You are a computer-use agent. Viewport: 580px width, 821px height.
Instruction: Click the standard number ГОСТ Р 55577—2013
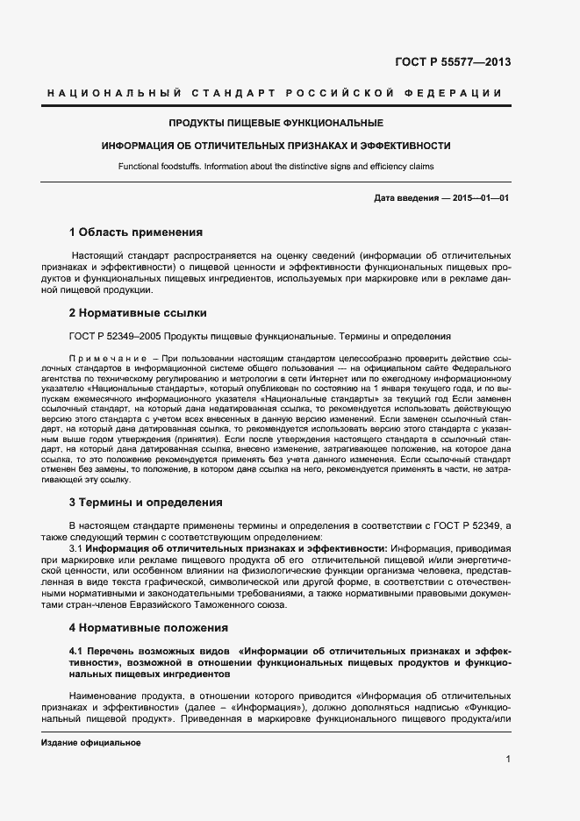pyautogui.click(x=454, y=62)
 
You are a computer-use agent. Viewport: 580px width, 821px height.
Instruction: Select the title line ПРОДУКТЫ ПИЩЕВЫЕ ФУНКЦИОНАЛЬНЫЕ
pyautogui.click(x=276, y=123)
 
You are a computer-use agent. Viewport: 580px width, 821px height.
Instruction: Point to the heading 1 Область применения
pyautogui.click(x=136, y=232)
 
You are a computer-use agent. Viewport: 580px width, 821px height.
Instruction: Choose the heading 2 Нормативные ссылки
pyautogui.click(x=138, y=312)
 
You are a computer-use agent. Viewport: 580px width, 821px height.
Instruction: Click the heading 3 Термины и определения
pyautogui.click(x=146, y=503)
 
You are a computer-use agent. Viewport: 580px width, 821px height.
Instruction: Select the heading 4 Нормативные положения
pyautogui.click(x=148, y=627)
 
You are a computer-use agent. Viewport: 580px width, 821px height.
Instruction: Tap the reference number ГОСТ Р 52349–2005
pyautogui.click(x=112, y=336)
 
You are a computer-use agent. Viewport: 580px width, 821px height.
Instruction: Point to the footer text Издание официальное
pyautogui.click(x=91, y=743)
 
